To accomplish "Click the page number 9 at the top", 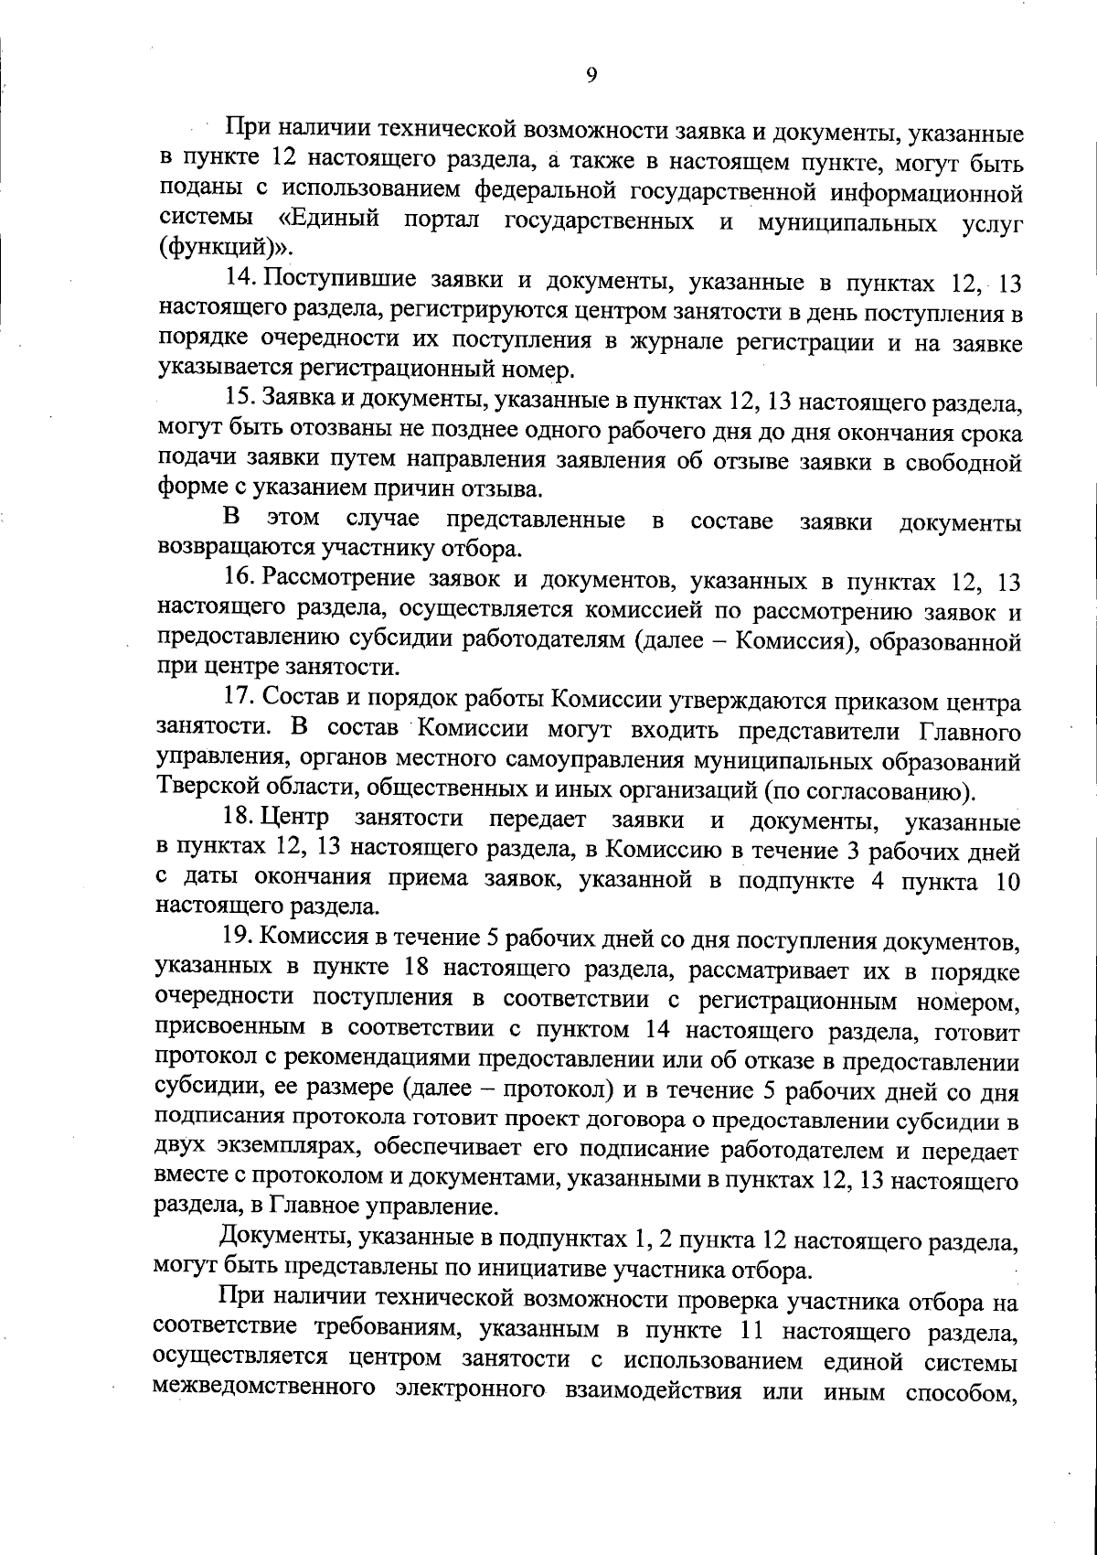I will [591, 76].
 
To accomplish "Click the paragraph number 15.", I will [242, 400].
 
